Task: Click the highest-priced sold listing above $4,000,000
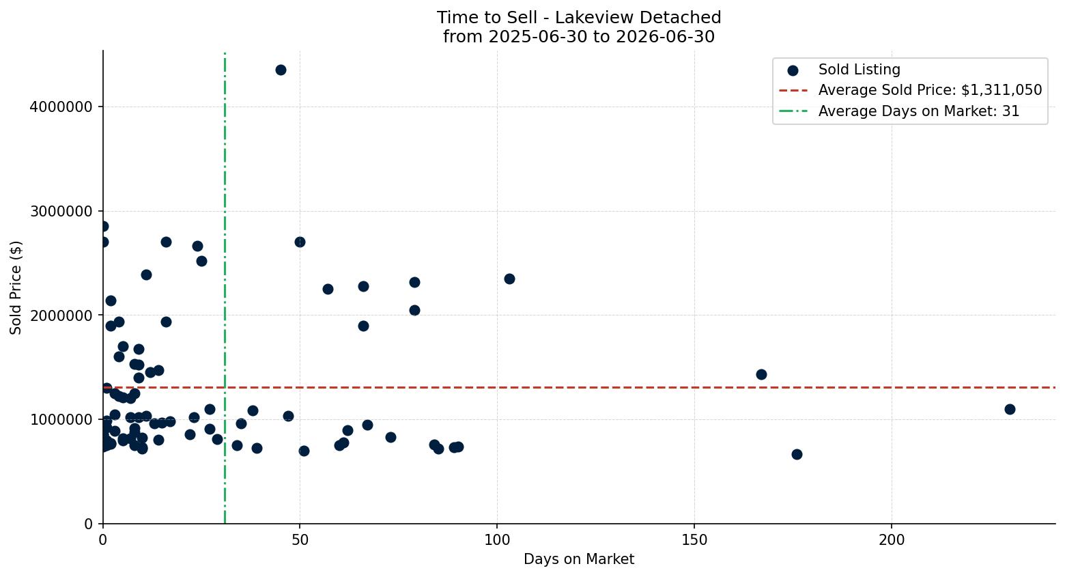281,70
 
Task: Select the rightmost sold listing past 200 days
1010,409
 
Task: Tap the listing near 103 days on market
509,279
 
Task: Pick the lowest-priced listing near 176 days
797,454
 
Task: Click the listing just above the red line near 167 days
761,374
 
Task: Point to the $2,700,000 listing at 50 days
300,242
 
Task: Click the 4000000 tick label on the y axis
61,107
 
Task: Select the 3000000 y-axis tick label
61,211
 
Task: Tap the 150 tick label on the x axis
694,540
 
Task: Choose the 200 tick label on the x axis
892,540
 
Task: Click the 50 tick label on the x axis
300,540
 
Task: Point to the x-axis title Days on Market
579,559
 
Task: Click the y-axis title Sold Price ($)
16,287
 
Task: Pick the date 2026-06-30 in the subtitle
665,37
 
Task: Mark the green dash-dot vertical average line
225,287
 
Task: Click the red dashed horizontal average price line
579,387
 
